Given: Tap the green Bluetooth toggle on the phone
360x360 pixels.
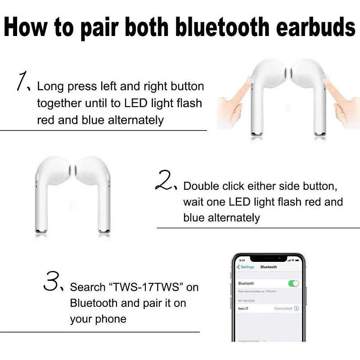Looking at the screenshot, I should (293, 283).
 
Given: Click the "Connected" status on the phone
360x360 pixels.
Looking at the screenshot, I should (283, 309).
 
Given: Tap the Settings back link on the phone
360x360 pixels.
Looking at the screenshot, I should (246, 267).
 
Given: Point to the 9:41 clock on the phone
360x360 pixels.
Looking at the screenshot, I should (242, 260).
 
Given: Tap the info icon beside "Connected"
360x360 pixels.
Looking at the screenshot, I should (297, 309).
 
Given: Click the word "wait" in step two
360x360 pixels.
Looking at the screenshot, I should (193, 202).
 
